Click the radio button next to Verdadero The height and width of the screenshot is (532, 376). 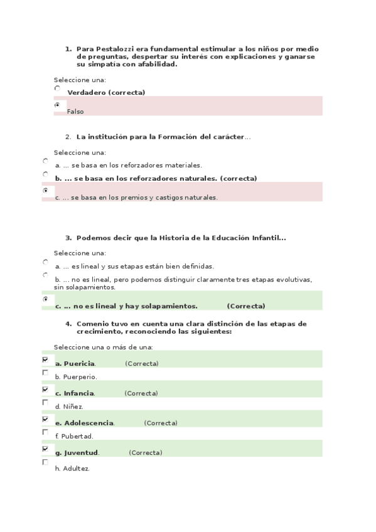coord(57,88)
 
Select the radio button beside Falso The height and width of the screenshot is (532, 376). coord(57,105)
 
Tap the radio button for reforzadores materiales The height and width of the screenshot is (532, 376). coord(45,161)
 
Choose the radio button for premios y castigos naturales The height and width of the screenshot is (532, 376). coord(45,189)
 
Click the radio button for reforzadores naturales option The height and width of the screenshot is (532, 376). coord(45,174)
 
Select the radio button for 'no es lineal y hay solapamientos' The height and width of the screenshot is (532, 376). coord(45,299)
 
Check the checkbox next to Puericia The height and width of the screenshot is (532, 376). coord(45,360)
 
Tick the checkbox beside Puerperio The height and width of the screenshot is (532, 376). coord(45,373)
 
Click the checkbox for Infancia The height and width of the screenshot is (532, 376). coord(45,390)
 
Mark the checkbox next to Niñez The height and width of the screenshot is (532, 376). coord(45,402)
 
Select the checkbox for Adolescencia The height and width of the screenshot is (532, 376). coord(45,419)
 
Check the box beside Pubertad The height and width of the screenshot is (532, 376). coord(45,432)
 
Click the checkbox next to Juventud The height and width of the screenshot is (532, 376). coord(45,449)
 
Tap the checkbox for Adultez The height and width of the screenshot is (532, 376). coord(45,462)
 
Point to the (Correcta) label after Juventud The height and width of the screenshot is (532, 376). coord(146,453)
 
